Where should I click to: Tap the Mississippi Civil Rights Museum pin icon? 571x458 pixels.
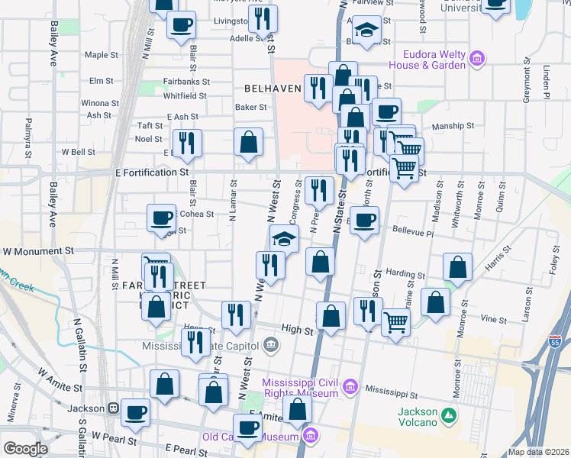350,386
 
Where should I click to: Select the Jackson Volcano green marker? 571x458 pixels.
450,416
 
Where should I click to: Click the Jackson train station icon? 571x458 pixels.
113,408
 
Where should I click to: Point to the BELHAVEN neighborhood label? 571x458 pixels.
273,89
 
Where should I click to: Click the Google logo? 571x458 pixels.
25,449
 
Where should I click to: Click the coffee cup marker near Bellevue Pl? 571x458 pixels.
364,220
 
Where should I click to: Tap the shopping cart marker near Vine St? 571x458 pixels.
395,321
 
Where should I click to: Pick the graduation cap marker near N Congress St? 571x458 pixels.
284,238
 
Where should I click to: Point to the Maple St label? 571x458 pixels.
102,55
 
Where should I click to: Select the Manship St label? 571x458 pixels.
453,126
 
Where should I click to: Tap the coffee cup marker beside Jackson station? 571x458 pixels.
136,412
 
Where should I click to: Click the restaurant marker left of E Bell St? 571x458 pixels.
187,142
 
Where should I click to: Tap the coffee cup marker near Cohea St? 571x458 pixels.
161,218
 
